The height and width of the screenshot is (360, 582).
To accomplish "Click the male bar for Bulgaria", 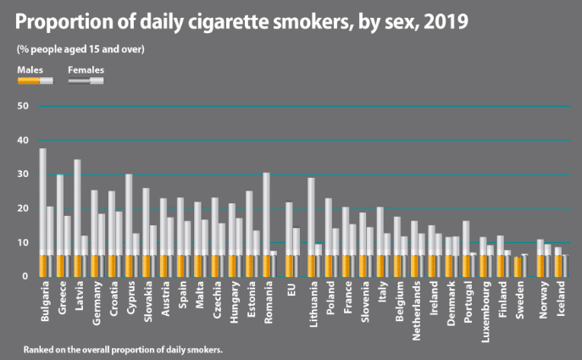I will [42, 213].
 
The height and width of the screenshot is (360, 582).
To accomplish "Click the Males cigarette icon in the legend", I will [35, 80].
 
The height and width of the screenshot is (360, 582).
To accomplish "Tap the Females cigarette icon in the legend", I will [86, 80].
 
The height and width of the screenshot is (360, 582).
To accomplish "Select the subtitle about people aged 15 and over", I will [80, 48].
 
